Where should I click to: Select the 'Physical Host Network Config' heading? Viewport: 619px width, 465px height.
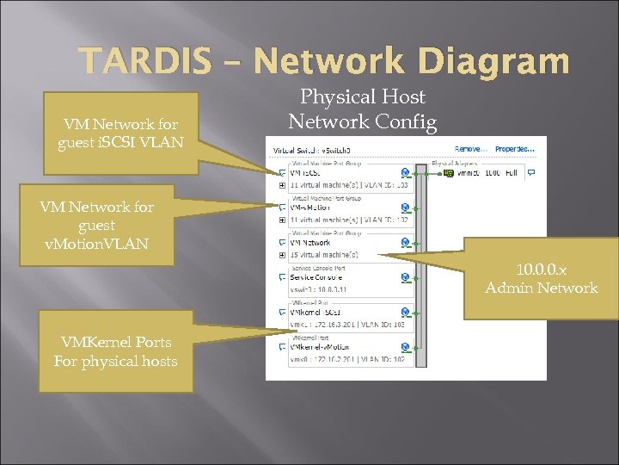tap(362, 109)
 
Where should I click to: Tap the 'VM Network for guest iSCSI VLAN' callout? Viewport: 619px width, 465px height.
tap(120, 133)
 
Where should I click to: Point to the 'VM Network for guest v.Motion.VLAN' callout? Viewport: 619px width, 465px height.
tap(96, 225)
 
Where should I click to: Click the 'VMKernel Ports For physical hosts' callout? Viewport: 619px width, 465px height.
tap(115, 351)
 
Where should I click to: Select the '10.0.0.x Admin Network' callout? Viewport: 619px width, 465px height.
tap(541, 278)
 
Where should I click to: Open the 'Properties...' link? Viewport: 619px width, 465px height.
tap(515, 149)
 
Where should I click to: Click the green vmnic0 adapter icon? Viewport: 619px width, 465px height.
tap(449, 172)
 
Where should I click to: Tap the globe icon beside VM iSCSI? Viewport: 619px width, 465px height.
tap(405, 172)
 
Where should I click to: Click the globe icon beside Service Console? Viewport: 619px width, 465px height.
tap(405, 277)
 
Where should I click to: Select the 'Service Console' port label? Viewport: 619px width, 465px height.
tap(314, 277)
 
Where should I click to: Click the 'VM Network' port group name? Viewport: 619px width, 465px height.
tap(310, 243)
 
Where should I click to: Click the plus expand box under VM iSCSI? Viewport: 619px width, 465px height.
tap(283, 184)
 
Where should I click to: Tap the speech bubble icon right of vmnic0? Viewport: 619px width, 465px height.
tap(530, 172)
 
